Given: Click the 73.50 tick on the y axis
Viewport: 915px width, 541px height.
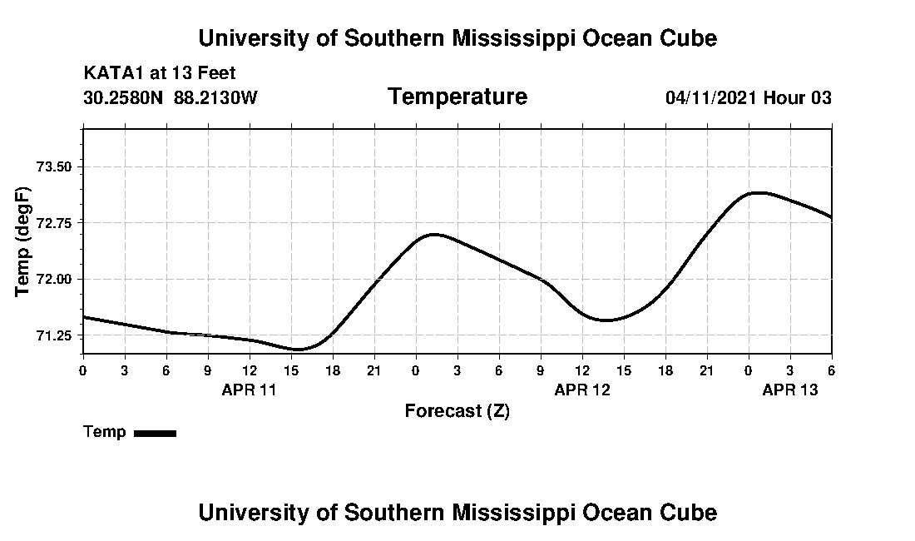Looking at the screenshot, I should pos(55,166).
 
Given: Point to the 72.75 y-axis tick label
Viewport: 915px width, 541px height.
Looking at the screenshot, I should pos(55,223).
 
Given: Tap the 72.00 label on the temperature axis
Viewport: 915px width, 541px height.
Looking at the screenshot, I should pos(55,280).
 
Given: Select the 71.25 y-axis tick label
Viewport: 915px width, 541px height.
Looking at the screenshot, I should pos(55,335).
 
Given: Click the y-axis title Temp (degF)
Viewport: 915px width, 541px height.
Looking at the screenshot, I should pos(24,241).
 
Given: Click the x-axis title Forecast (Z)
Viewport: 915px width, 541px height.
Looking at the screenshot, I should pos(457,410).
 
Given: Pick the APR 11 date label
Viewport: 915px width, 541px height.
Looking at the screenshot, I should pos(249,390).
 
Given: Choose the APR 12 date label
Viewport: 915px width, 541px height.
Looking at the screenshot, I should pos(582,390).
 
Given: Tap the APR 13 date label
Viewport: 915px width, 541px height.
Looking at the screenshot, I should pos(790,390).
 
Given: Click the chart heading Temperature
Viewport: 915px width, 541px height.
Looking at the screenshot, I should pos(457,97).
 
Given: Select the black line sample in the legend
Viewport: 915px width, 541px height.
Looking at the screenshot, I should pos(155,433).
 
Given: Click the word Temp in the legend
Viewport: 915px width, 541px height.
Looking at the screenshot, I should pos(105,432).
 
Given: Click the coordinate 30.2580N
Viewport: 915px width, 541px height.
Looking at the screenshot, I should pos(125,98).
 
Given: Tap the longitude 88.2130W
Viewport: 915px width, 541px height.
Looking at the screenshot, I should pos(215,98).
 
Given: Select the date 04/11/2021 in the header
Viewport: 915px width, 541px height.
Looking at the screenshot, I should pos(711,98).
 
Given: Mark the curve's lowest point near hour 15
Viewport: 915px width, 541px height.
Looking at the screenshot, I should pos(299,350).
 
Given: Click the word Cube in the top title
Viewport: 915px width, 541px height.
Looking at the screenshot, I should pos(688,38).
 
